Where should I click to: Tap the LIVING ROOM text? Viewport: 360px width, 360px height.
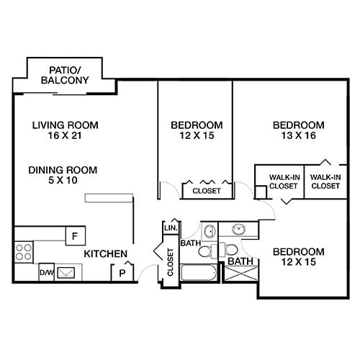65,125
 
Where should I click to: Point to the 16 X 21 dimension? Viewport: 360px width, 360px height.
65,136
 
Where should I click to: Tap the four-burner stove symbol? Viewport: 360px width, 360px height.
24,251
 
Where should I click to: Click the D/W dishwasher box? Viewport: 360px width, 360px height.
46,273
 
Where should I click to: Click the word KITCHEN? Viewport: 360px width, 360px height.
106,254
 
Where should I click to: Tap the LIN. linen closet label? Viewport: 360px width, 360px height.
171,228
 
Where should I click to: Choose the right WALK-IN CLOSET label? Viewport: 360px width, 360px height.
325,181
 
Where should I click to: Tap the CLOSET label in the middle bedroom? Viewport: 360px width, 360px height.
206,192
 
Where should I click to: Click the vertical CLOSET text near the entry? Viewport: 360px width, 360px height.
171,262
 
